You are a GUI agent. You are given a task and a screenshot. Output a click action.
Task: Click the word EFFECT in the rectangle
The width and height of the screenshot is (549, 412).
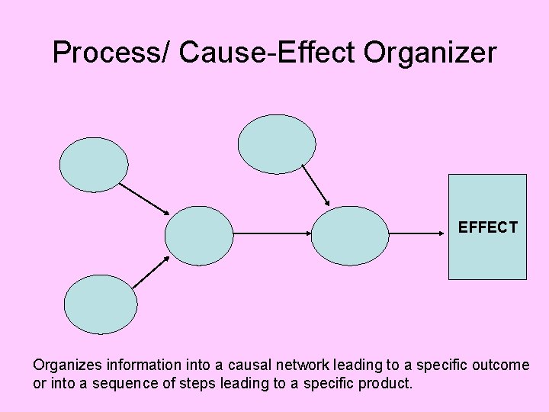(x=487, y=227)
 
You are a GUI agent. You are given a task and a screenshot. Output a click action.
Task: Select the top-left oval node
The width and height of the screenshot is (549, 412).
(x=94, y=164)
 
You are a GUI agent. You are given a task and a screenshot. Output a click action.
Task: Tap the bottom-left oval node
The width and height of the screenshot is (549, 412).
(x=101, y=304)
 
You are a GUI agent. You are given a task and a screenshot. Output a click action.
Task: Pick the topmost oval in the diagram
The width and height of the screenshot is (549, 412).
(x=277, y=144)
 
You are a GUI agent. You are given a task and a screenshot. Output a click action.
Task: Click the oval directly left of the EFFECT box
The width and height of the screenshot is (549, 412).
(x=350, y=235)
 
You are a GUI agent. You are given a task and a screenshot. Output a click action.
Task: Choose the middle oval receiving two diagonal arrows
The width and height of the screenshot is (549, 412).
(x=199, y=235)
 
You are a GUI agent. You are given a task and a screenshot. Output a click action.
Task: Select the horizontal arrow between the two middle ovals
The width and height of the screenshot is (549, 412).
(x=272, y=233)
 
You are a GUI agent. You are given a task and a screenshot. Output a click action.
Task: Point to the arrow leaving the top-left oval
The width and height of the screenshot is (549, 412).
(x=143, y=198)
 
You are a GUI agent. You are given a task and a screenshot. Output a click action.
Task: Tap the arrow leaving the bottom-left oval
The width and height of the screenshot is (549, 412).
(x=150, y=272)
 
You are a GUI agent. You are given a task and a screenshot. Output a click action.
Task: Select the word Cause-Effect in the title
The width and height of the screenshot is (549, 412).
(x=268, y=53)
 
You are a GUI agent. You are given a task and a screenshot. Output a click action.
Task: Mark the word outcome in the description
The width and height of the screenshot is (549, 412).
(x=501, y=365)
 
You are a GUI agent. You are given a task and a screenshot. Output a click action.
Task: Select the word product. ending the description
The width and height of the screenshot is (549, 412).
(x=384, y=382)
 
